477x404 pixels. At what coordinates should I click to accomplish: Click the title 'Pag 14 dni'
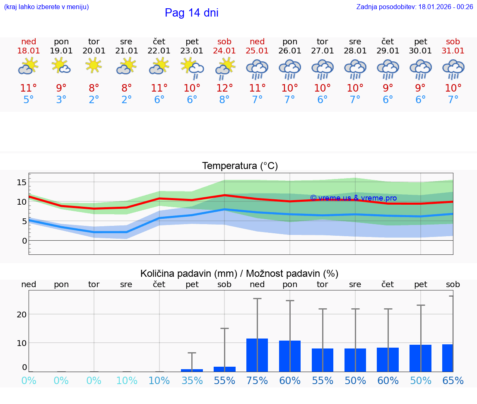pyautogui.click(x=191, y=13)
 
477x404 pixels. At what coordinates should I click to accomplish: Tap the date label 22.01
pyautogui.click(x=159, y=51)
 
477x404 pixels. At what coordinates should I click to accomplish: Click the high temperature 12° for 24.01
pyautogui.click(x=224, y=88)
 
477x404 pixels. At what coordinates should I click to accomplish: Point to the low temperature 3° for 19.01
pyautogui.click(x=61, y=99)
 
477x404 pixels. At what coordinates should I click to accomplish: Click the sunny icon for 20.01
pyautogui.click(x=94, y=65)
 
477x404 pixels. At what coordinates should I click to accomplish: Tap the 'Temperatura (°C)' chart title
pyautogui.click(x=240, y=166)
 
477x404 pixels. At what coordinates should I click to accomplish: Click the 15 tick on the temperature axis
pyautogui.click(x=22, y=182)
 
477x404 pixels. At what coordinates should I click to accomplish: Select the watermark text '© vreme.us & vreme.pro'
pyautogui.click(x=353, y=198)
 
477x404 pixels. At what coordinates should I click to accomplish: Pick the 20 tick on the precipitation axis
pyautogui.click(x=22, y=314)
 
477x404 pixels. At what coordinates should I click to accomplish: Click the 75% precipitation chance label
pyautogui.click(x=257, y=380)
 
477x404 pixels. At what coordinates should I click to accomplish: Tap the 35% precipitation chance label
pyautogui.click(x=192, y=380)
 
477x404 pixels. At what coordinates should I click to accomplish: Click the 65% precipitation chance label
pyautogui.click(x=453, y=380)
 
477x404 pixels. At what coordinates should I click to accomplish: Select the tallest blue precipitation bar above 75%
pyautogui.click(x=257, y=355)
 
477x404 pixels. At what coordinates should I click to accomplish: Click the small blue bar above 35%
pyautogui.click(x=192, y=370)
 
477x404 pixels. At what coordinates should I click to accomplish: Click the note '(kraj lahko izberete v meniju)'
pyautogui.click(x=46, y=7)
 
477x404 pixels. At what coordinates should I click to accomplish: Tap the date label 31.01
pyautogui.click(x=453, y=51)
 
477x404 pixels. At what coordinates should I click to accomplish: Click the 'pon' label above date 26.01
pyautogui.click(x=290, y=41)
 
